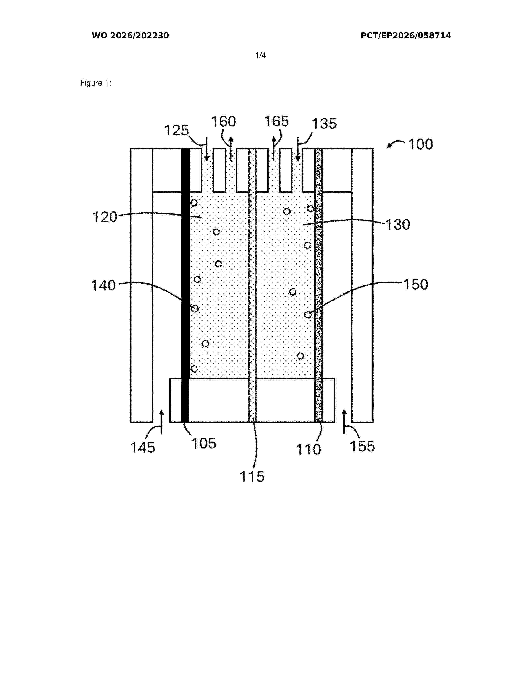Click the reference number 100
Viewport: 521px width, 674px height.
[x=420, y=144]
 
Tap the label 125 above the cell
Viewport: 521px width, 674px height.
[x=176, y=131]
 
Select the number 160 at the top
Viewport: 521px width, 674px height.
[x=224, y=122]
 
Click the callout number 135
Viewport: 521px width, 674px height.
[x=324, y=124]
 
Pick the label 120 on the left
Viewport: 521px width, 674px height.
[x=105, y=217]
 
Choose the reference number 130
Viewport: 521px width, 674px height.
[x=398, y=225]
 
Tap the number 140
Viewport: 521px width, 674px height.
[x=103, y=286]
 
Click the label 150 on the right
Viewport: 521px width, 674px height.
[x=416, y=285]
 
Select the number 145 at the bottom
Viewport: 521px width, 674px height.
[x=143, y=447]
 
